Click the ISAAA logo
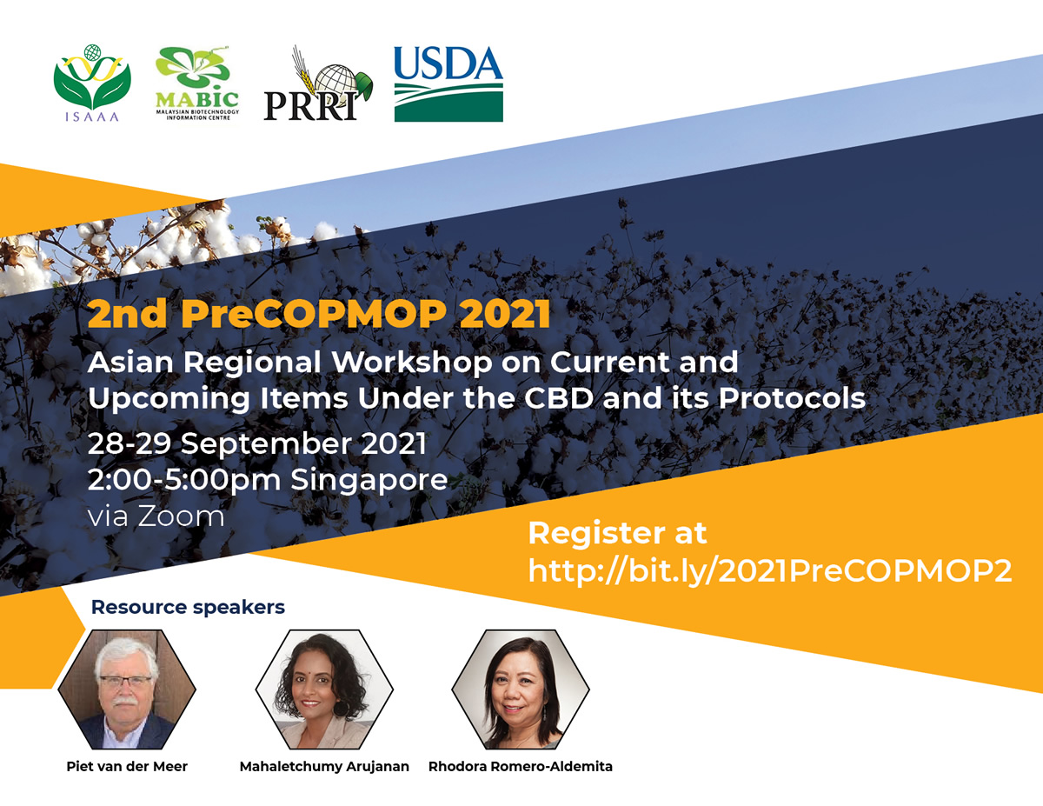[x=91, y=83]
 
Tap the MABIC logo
[x=197, y=83]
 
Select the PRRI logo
[x=318, y=83]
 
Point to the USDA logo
[x=448, y=83]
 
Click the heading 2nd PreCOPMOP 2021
[x=319, y=314]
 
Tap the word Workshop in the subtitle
[x=412, y=362]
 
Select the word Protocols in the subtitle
[x=792, y=398]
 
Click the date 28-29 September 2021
[x=256, y=443]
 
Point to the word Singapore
[x=369, y=481]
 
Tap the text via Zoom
[x=156, y=516]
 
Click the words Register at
[x=617, y=533]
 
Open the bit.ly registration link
[x=770, y=572]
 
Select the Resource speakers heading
[x=188, y=607]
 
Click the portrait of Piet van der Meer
[x=127, y=689]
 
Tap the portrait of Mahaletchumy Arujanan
[x=324, y=689]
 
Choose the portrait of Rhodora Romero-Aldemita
[x=521, y=689]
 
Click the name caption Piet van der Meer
[x=127, y=767]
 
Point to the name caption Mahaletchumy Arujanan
[x=324, y=767]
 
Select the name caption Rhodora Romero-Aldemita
[x=521, y=767]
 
